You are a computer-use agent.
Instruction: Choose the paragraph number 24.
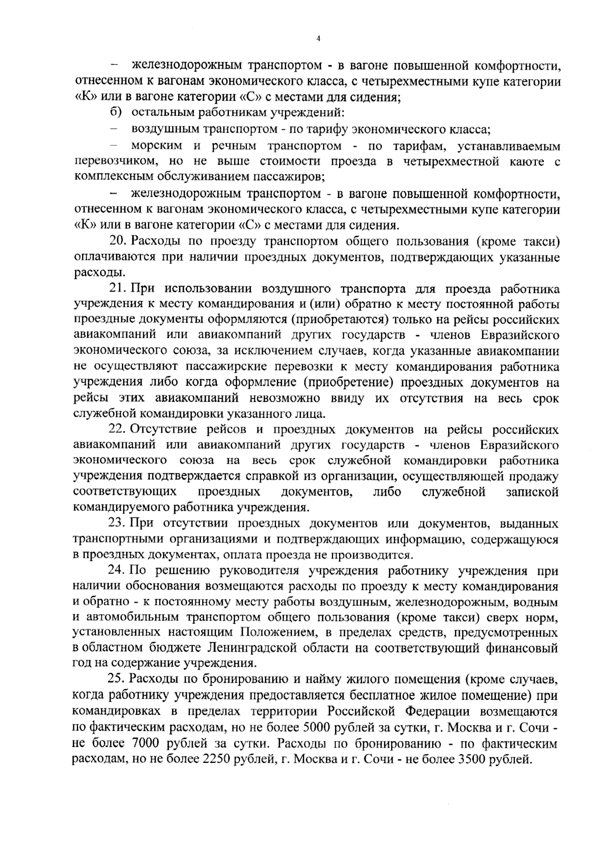(118, 571)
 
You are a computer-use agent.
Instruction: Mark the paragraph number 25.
(118, 680)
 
